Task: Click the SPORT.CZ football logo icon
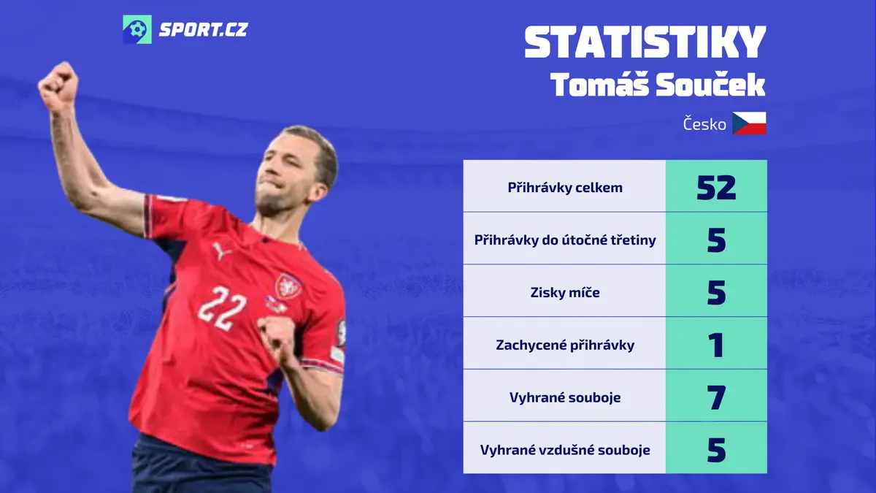coord(137,29)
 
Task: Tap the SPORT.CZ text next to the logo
coord(204,30)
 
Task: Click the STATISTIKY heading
coord(645,42)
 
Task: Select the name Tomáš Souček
coord(658,85)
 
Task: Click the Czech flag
coord(749,123)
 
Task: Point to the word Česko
coord(704,124)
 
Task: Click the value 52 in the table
coord(716,188)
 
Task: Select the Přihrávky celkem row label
coord(565,188)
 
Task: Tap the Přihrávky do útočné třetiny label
coord(565,240)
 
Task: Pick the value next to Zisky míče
coord(716,293)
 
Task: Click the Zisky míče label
coord(565,292)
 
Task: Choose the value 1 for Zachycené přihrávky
coord(716,345)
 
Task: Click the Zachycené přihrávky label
coord(565,345)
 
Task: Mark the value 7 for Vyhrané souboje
coord(716,397)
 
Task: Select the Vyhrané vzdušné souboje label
coord(565,450)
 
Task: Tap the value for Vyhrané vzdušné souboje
coord(716,450)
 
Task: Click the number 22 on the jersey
coord(222,308)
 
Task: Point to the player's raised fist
coord(58,87)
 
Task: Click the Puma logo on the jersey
coord(221,251)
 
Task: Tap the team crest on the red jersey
coord(288,286)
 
